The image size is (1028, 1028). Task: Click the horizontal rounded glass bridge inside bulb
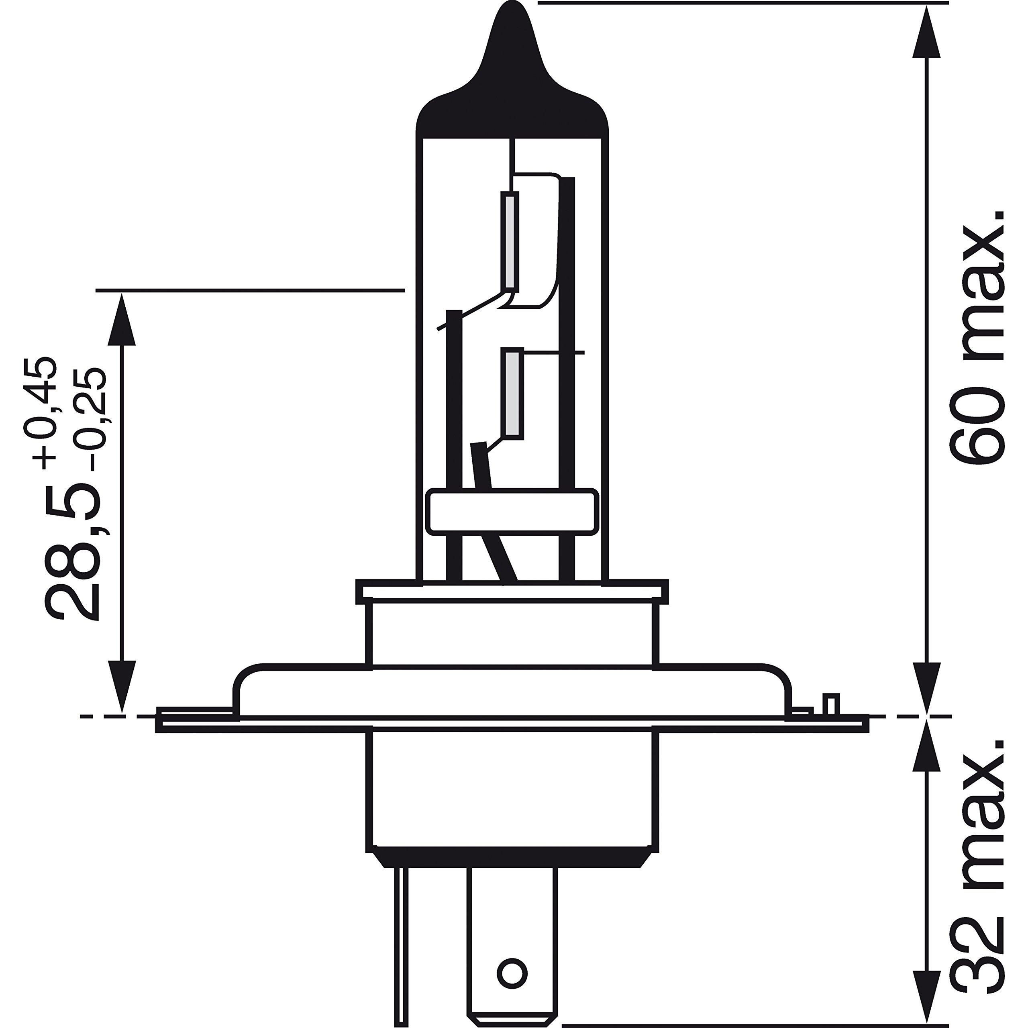pos(512,511)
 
